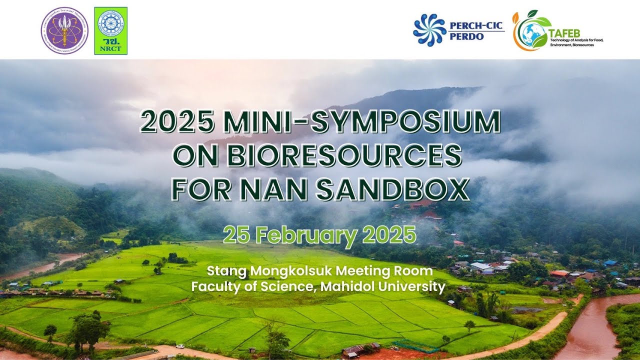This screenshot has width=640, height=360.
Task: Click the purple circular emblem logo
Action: click(x=64, y=30)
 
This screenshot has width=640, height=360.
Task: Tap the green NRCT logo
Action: click(x=110, y=30)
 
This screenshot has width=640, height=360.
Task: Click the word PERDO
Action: click(x=467, y=37)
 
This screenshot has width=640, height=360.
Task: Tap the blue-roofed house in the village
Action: click(x=610, y=263)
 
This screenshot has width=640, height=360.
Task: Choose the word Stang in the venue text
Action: click(x=223, y=271)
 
